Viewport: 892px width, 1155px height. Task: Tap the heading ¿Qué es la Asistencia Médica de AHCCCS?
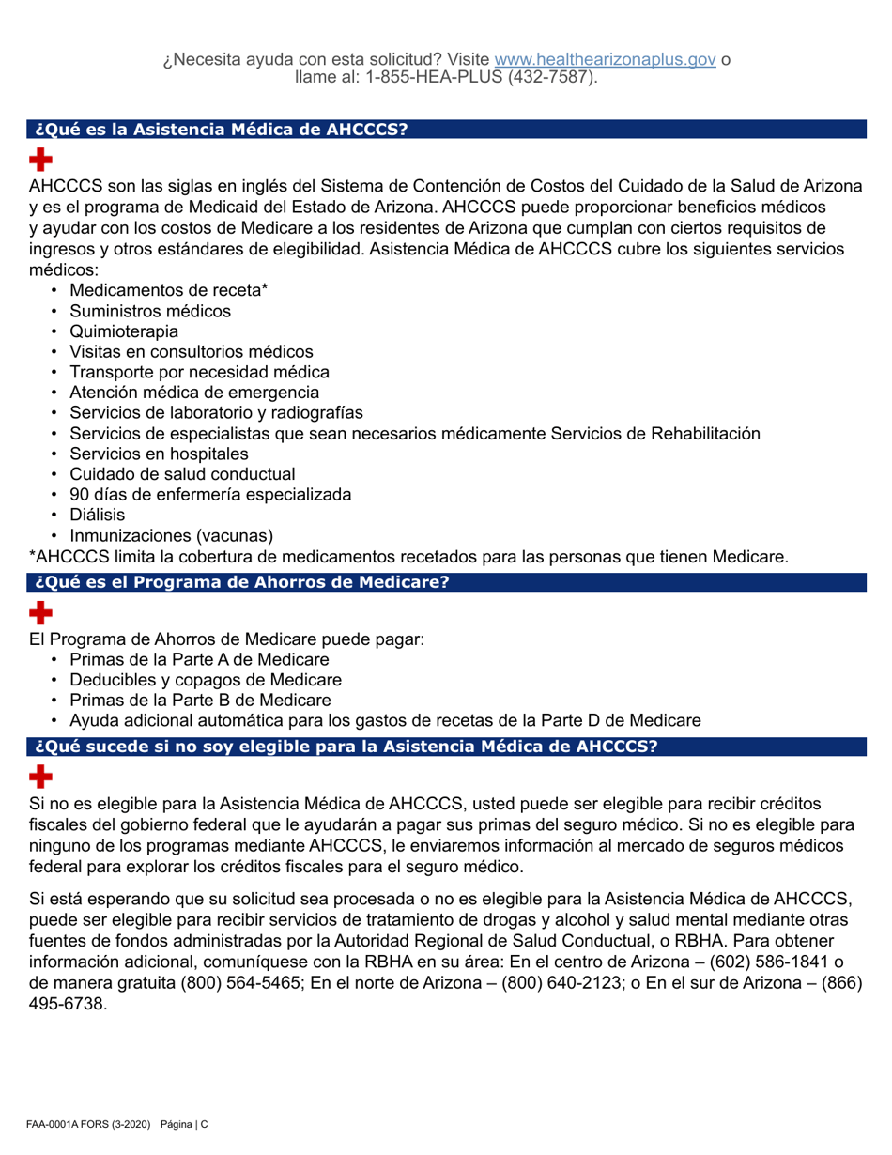pyautogui.click(x=221, y=131)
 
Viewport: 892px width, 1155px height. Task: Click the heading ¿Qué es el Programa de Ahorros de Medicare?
pyautogui.click(x=241, y=582)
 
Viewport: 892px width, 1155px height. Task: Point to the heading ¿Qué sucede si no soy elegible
pyautogui.click(x=345, y=747)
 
